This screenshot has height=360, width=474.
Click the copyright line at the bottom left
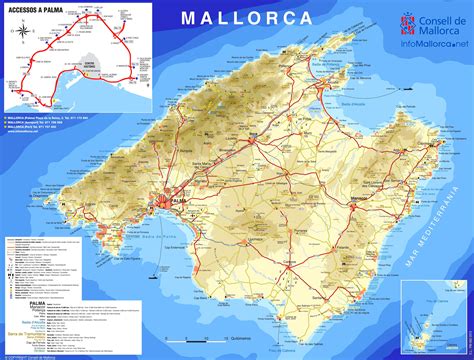40,354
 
